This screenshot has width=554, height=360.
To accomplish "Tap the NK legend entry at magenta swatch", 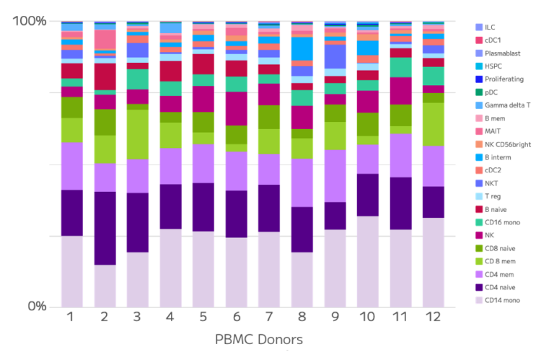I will tap(489, 235).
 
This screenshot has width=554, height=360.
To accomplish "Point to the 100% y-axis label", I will tap(29, 22).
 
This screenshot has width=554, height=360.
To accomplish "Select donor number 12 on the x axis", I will tap(434, 317).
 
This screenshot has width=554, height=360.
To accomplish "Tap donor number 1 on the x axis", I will tap(71, 317).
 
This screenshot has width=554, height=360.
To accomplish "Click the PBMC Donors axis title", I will tap(255, 341).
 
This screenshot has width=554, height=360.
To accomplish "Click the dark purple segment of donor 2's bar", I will tap(105, 228).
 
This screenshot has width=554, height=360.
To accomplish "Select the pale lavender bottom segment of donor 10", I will tap(368, 261).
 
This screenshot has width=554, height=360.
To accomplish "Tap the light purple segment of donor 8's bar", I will tap(303, 183).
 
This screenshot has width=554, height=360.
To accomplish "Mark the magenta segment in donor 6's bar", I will tap(237, 109).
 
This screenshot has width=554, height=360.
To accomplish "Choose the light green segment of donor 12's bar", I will tap(434, 124).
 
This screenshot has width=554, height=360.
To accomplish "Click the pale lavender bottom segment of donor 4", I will tap(170, 268).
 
